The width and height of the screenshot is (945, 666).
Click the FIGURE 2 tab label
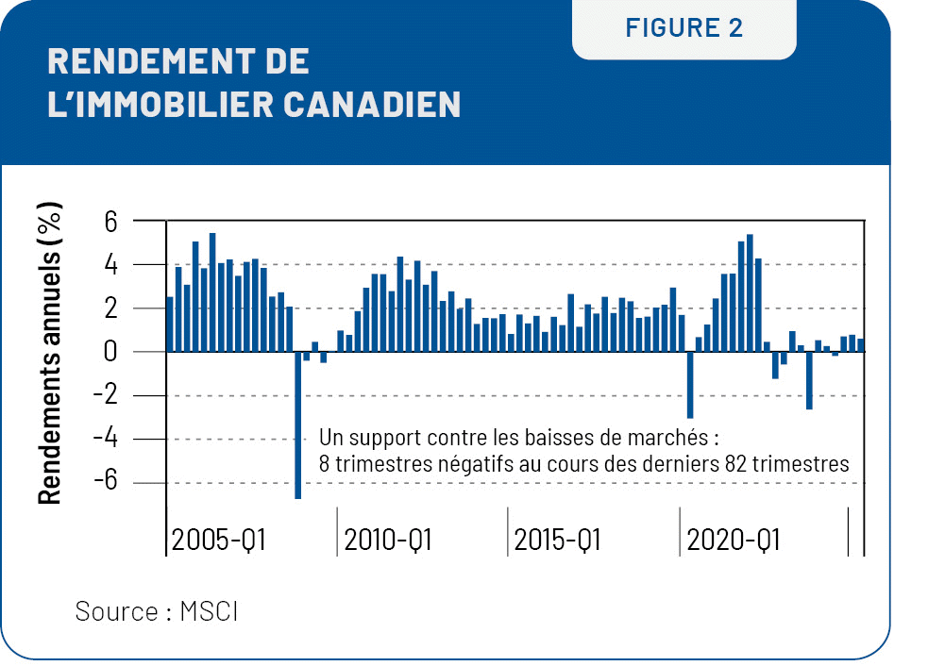click(683, 28)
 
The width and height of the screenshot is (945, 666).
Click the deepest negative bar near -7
click(297, 425)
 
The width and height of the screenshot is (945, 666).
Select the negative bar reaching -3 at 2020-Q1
click(690, 384)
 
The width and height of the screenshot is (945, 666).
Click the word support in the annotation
click(385, 439)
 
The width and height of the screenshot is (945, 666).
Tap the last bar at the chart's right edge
click(860, 345)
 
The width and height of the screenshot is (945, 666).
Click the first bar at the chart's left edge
click(170, 325)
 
